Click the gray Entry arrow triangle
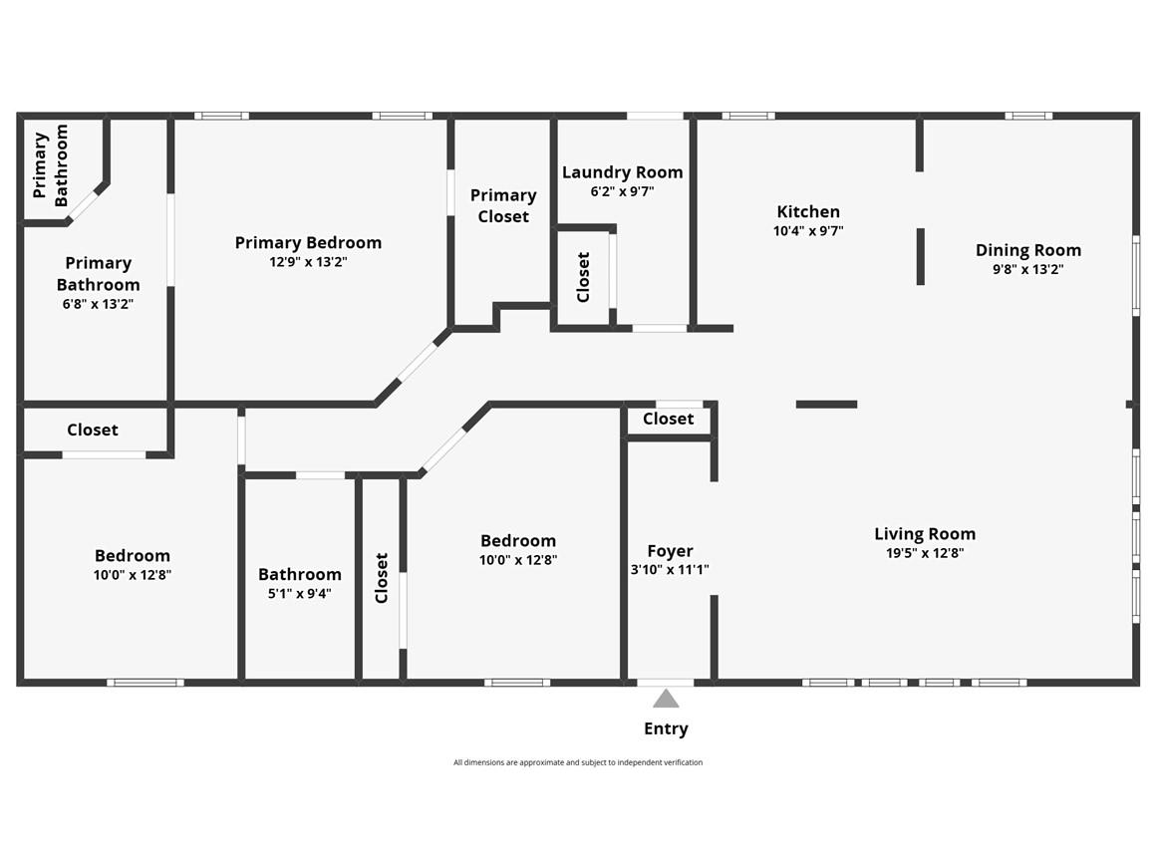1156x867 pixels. [x=666, y=699]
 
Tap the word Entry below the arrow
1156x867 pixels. [x=666, y=729]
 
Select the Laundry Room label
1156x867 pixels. [x=622, y=172]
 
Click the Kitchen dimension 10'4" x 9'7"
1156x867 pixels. [x=808, y=231]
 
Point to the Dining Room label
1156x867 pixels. [x=1028, y=251]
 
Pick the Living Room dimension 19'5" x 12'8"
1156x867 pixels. [x=925, y=553]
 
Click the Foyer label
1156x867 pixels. [x=670, y=551]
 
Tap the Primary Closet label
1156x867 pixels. [x=503, y=205]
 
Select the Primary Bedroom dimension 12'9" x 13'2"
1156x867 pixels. [x=308, y=262]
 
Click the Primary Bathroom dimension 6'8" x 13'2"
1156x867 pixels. [x=98, y=304]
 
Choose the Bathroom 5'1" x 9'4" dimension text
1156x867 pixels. [x=299, y=594]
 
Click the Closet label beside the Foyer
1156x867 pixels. [x=668, y=419]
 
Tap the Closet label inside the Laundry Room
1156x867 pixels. [x=583, y=277]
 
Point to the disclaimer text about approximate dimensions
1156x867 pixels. [x=578, y=762]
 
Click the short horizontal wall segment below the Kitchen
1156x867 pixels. [x=826, y=404]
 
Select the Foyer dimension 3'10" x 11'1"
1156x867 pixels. [x=670, y=569]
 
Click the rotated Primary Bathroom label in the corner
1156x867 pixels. [x=51, y=165]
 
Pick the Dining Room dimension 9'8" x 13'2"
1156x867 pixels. [x=1028, y=269]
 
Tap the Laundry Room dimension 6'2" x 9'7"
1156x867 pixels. [x=622, y=191]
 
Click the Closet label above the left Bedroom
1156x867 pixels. [x=92, y=430]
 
